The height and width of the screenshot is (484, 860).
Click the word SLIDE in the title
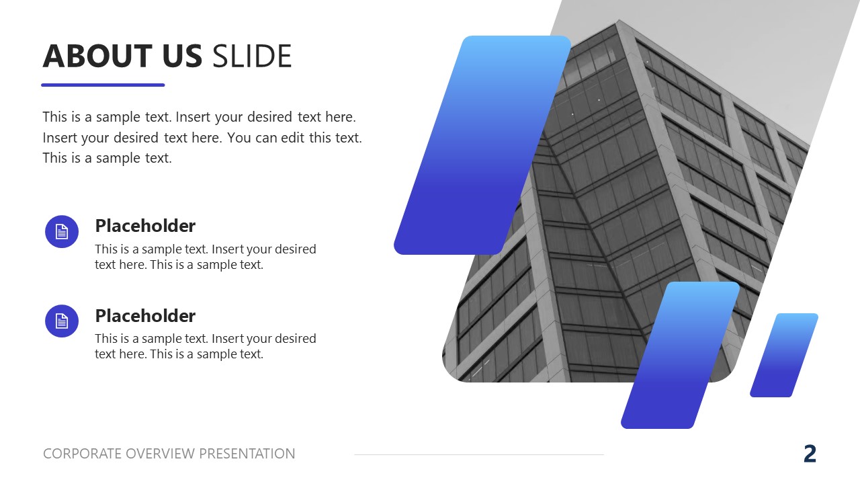coord(252,56)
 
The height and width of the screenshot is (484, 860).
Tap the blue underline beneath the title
coord(103,85)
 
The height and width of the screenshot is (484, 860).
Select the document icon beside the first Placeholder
coord(62,232)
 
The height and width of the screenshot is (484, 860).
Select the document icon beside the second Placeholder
coord(62,321)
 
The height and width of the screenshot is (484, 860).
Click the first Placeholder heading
coord(145,226)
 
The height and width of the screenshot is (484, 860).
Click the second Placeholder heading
coord(145,316)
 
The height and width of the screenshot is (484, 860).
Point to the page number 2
coord(810,454)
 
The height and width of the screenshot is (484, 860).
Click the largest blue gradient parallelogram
coord(482,145)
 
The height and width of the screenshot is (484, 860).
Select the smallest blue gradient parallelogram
coord(784,355)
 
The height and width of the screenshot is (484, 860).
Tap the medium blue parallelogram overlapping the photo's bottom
coord(680,355)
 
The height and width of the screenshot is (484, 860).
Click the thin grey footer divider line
coord(479,455)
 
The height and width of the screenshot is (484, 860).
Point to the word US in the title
coord(181,56)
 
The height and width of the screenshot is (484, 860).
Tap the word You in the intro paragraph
coord(239,138)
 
